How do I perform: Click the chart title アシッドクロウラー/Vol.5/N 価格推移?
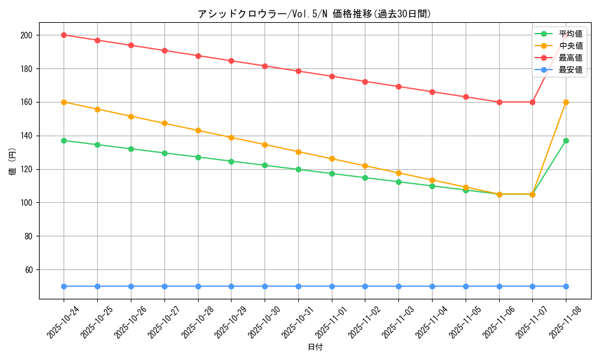click(314, 14)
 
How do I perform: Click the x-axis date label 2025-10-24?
click(64, 322)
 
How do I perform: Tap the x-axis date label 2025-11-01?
click(332, 322)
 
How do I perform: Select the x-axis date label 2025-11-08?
click(566, 322)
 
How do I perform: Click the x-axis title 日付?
click(314, 347)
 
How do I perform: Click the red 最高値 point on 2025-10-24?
click(64, 35)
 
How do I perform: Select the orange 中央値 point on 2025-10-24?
click(64, 102)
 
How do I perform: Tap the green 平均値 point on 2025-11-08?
click(566, 140)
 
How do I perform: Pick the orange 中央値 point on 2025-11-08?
click(566, 102)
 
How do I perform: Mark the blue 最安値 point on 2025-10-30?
click(265, 286)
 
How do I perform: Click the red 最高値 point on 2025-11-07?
click(532, 102)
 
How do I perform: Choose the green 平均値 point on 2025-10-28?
click(198, 157)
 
